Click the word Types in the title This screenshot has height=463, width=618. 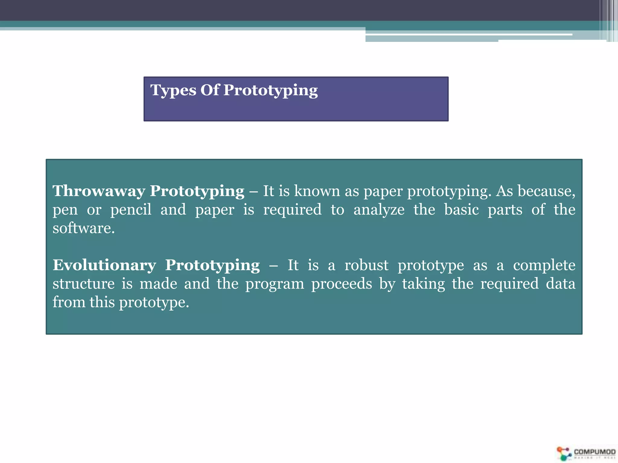coord(173,90)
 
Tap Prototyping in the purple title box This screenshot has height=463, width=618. coord(270,90)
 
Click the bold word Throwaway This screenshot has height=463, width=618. coord(99,191)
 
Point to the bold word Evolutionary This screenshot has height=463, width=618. coord(104,265)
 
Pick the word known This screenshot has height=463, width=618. coord(317,191)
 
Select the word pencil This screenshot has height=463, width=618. coord(131,210)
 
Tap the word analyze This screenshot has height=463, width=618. coord(379,210)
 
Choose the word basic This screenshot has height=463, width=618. coord(461,209)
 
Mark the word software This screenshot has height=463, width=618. coord(84,228)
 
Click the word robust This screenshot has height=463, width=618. coord(366,265)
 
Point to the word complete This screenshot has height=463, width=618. coord(544,266)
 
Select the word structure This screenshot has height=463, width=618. coord(84,284)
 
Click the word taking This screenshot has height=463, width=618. coord(423,284)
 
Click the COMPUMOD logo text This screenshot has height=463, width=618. coord(594,452)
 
